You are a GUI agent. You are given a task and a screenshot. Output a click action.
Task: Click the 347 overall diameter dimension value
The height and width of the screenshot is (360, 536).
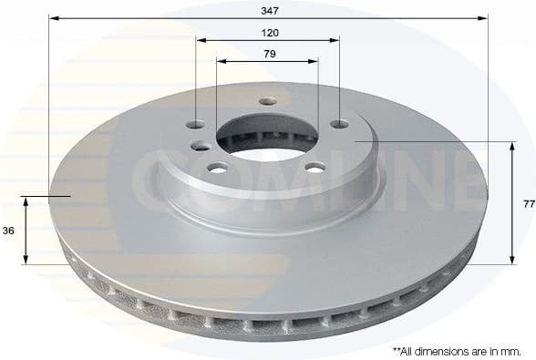point(268,10)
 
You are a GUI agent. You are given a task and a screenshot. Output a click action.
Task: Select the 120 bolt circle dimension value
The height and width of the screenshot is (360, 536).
point(268,32)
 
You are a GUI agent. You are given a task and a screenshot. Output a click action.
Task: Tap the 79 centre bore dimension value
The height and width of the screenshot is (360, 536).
point(268,54)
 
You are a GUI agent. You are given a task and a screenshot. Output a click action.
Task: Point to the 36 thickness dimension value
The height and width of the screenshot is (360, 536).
point(8,231)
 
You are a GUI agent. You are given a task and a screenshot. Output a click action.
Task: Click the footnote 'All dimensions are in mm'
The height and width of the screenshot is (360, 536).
point(456,350)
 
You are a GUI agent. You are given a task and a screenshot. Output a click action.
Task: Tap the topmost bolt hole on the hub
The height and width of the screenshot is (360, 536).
point(266,102)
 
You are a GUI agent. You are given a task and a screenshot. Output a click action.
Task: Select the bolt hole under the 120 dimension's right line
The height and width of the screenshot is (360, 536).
point(339,124)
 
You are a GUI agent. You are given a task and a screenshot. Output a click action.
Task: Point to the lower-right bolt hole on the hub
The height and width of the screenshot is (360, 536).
point(315,167)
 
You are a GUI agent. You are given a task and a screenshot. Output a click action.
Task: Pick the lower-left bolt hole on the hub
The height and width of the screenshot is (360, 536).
point(219,168)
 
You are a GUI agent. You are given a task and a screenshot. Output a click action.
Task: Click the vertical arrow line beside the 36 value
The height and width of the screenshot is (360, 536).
point(26,230)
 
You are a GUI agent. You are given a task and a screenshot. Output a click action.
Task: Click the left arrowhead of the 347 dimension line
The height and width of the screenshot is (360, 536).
point(53,17)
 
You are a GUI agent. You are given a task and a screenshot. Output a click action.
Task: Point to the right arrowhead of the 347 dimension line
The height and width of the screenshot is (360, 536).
point(483,17)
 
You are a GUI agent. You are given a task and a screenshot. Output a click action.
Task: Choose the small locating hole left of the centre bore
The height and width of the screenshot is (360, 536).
point(198,145)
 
